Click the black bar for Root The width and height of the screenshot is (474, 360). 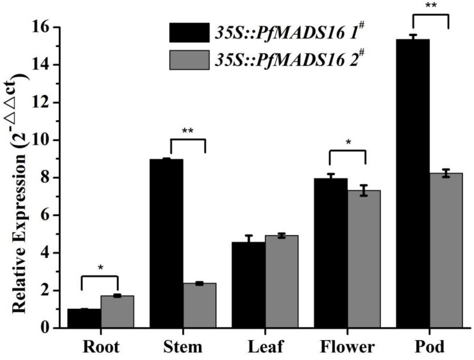tap(83, 318)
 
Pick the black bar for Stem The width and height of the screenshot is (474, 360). tap(169, 244)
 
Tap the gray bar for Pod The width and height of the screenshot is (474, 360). tap(446, 250)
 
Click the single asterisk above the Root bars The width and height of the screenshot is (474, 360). tap(100, 268)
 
